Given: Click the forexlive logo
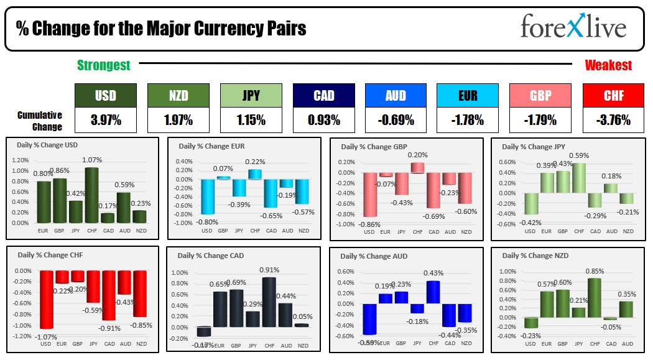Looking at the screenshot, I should pos(573,27).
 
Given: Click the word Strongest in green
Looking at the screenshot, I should pos(103,65).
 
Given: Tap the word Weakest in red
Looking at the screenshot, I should pos(608,65).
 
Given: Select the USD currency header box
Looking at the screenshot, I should pos(105,95).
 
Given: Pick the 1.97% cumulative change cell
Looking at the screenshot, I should pos(177,120).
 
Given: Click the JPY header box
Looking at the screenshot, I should pos(250,95).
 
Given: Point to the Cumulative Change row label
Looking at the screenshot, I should pos(40,121).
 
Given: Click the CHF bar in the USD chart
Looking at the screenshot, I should pos(92,195).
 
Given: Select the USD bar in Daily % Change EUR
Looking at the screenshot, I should pos(207,196).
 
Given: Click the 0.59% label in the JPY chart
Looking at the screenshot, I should pos(578,156).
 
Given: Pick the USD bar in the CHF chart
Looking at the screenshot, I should pos(45,300).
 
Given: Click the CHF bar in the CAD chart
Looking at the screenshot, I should pos(269,302).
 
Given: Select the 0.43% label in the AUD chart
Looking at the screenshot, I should pos(433,274).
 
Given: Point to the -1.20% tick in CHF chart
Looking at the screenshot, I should pos(22,336).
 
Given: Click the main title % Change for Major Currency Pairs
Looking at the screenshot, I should pos(162,29).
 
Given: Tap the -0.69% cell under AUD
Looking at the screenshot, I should pos(396,120).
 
